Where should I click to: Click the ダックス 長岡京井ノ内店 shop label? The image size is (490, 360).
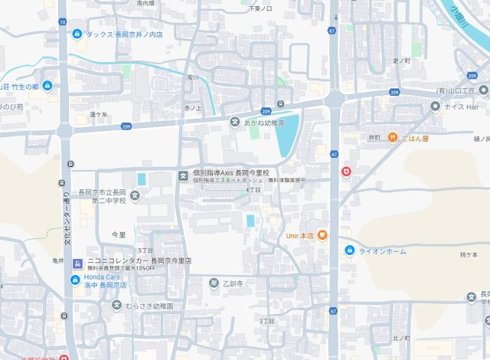[x=123, y=34]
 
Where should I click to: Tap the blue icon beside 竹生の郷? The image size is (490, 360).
[x=47, y=86]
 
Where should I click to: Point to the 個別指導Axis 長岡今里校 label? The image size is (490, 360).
[x=229, y=173]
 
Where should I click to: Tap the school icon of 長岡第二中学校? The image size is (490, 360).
[x=135, y=195]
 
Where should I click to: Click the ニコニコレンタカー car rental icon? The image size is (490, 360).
[x=75, y=263]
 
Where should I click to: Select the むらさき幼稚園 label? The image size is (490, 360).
[x=149, y=306]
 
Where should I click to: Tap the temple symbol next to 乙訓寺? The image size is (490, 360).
[x=214, y=283]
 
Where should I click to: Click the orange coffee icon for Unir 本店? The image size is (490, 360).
[x=322, y=235]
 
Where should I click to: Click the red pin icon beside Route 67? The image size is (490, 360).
[x=346, y=172]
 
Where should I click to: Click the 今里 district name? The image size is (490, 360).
[x=118, y=234]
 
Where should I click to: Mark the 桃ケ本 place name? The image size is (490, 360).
[x=469, y=254]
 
